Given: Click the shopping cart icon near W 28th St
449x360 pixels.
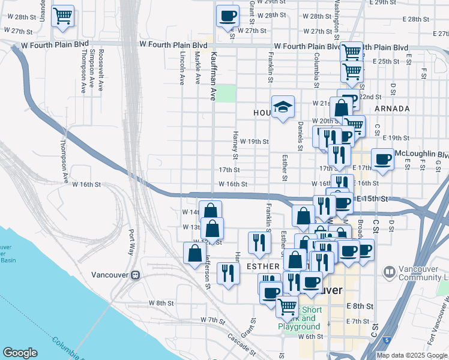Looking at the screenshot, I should (x=62, y=17).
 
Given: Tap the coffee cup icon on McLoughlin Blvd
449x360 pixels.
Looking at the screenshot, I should (x=382, y=160).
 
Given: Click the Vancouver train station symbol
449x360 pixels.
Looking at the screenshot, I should (x=136, y=275).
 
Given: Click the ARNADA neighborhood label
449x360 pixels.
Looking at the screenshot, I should (x=391, y=109).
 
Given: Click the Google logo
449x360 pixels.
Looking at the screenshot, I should (x=20, y=353).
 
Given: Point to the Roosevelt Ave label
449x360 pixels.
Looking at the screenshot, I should (x=100, y=71).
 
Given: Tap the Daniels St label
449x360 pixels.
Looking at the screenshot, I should (x=300, y=136).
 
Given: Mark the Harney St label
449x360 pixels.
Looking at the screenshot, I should (x=236, y=146).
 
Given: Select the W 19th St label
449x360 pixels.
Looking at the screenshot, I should (x=254, y=142).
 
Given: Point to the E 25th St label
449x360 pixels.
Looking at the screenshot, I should (x=386, y=61).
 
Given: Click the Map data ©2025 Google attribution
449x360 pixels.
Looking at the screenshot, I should (x=412, y=355).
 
